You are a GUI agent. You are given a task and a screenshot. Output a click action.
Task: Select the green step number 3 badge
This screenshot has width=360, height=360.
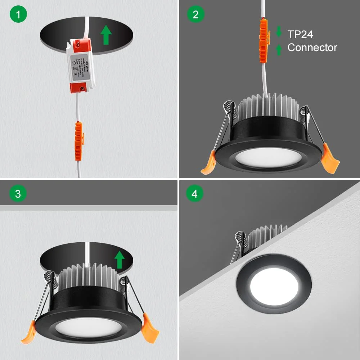click(x=18, y=194)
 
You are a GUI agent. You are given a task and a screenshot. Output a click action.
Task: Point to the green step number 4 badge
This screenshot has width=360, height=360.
click(x=195, y=194)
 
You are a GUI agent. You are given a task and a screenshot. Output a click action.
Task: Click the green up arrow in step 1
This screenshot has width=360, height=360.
click(x=106, y=35)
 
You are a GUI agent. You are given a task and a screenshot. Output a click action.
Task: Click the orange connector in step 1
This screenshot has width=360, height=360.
click(x=78, y=141)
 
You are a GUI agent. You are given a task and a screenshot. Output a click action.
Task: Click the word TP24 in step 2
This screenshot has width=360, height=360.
click(x=300, y=34)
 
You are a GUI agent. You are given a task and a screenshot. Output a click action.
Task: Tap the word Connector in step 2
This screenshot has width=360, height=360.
click(x=312, y=48)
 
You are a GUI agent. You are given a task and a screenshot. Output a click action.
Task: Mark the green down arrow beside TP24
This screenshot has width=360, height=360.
click(x=279, y=32)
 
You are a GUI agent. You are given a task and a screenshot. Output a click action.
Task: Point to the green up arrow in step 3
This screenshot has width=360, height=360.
click(x=119, y=260)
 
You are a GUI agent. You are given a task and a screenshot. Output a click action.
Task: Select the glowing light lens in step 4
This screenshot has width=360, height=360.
click(x=274, y=285)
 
